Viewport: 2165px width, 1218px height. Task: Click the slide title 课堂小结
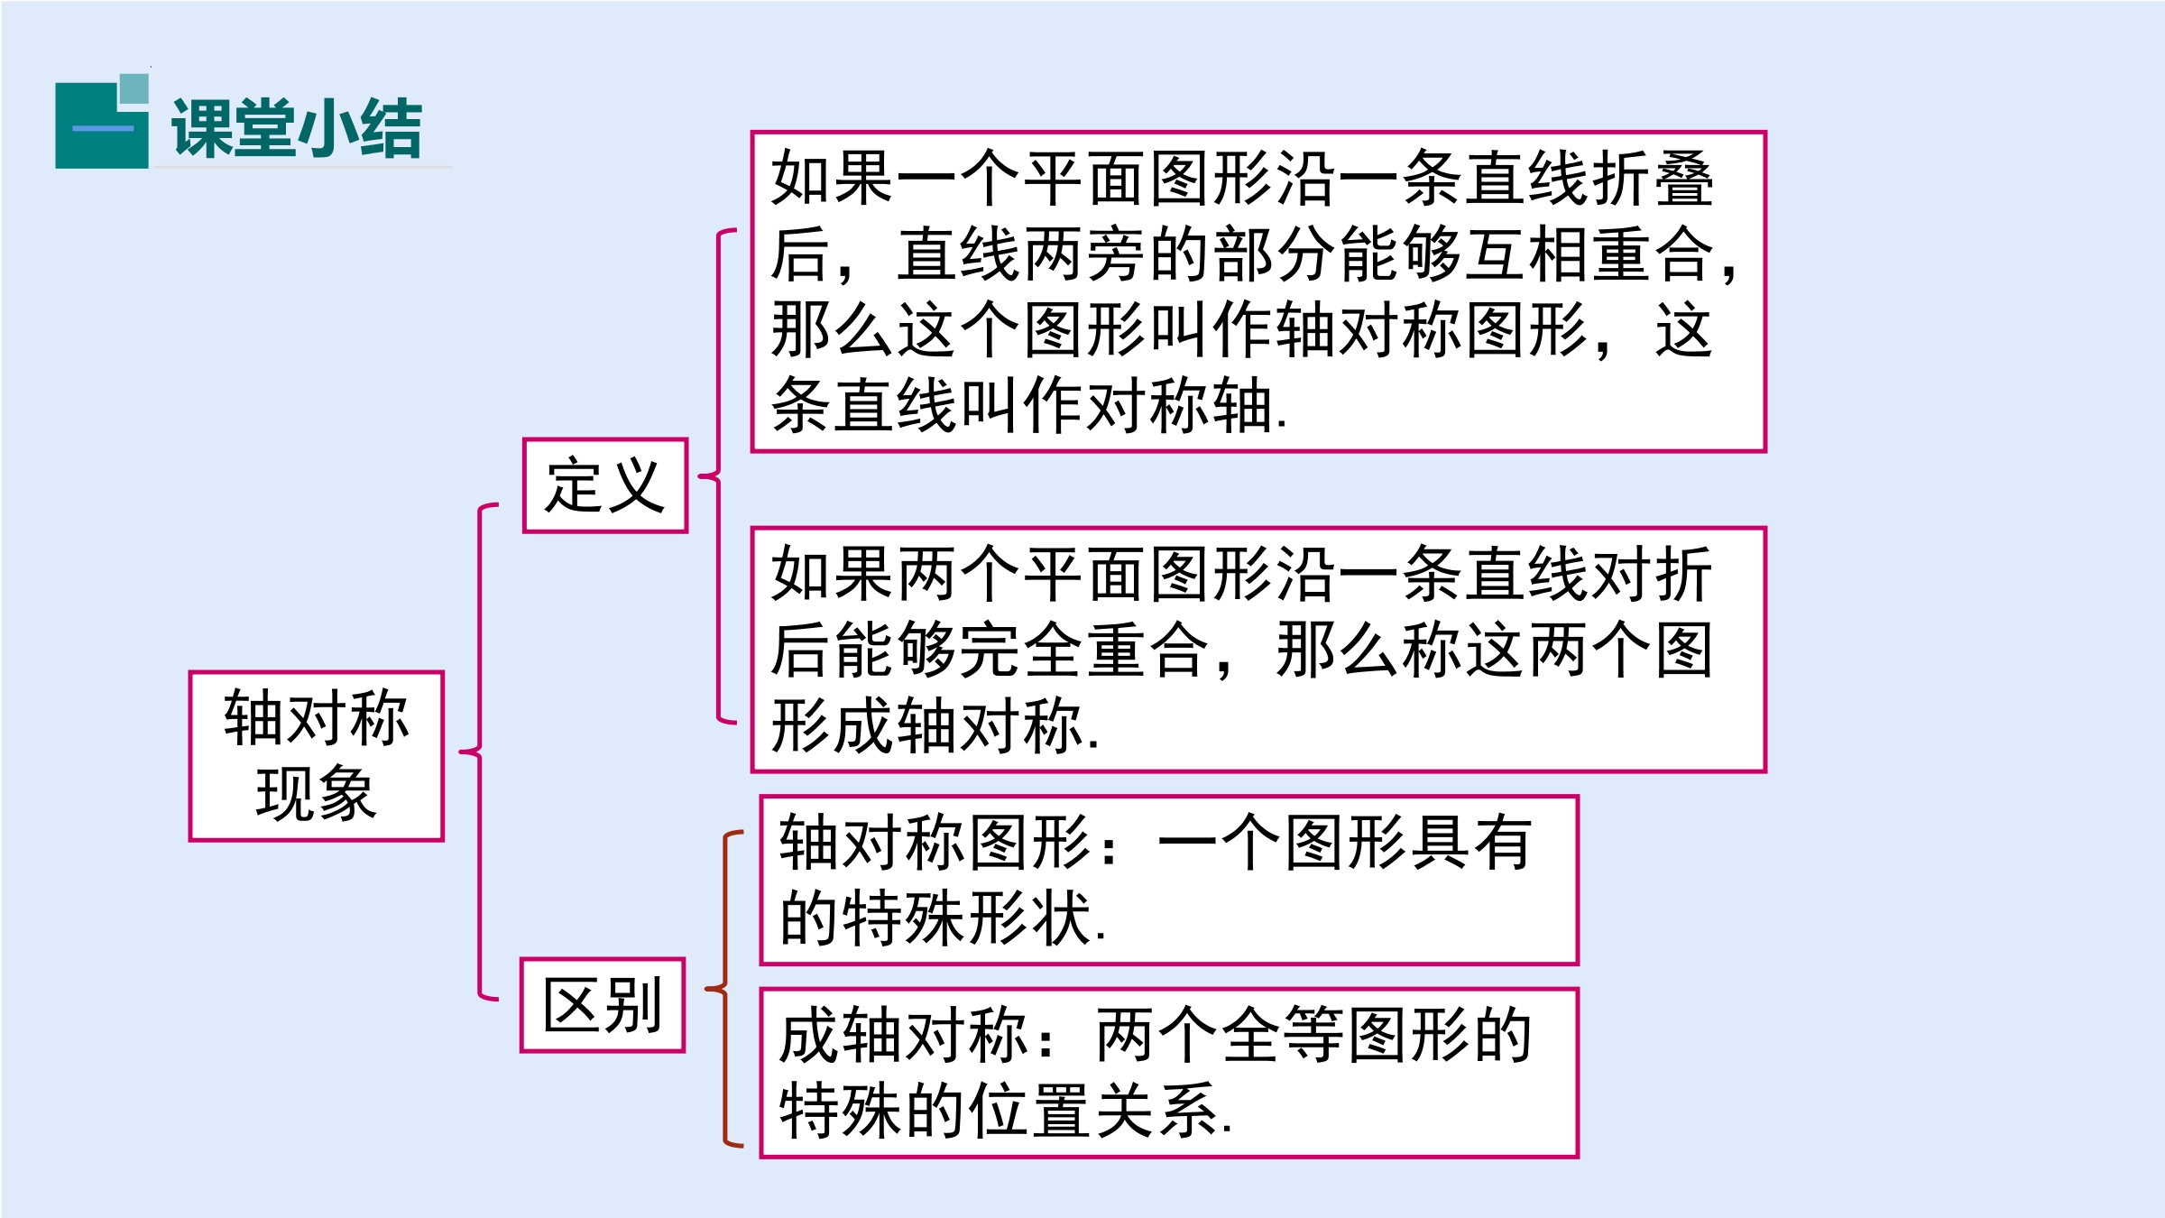tap(297, 128)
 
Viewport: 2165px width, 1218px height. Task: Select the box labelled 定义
tap(605, 485)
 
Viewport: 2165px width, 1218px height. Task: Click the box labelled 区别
tap(603, 1005)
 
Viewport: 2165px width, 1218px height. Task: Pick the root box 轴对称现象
tap(317, 756)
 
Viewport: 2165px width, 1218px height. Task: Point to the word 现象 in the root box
tap(316, 794)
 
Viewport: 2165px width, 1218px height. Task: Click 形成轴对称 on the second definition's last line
tap(927, 725)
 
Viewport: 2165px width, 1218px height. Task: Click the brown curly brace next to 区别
tap(724, 989)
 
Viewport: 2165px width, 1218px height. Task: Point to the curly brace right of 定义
tap(719, 476)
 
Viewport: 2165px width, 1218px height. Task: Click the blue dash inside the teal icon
tap(103, 128)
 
